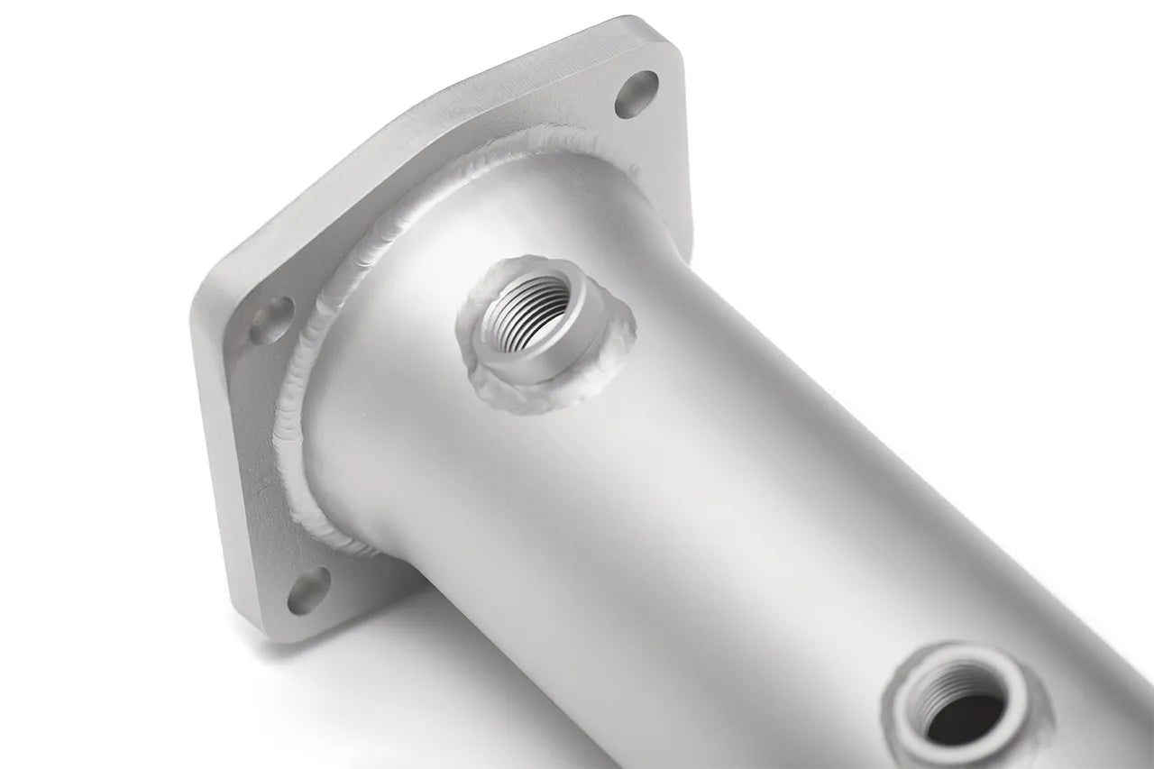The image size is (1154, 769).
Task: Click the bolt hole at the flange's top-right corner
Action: click(x=637, y=94)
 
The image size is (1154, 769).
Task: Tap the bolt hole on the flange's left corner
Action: click(x=271, y=319)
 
